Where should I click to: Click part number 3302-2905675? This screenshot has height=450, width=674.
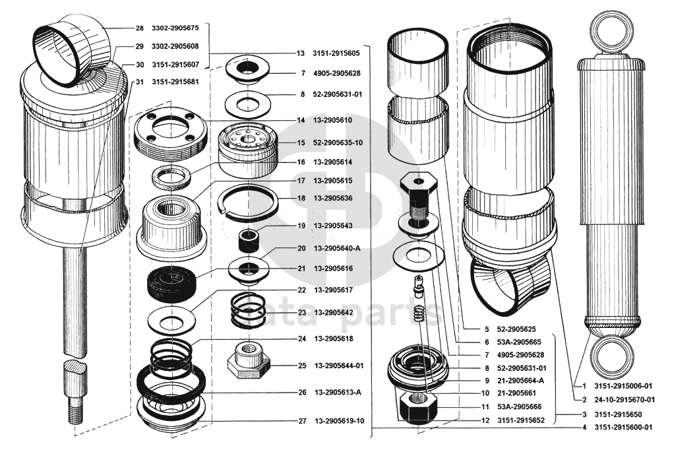point(175,28)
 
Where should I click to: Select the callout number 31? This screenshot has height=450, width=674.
point(139,82)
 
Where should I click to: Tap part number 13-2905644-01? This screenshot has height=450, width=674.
point(339,366)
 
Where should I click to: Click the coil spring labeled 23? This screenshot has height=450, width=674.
point(248,309)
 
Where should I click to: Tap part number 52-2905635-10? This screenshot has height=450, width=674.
point(338,143)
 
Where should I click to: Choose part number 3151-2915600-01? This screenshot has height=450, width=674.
point(623,428)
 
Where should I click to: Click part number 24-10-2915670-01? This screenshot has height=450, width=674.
point(625,400)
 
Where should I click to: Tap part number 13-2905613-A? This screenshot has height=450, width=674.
point(338,393)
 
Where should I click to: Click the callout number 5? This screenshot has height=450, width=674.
point(487,329)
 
